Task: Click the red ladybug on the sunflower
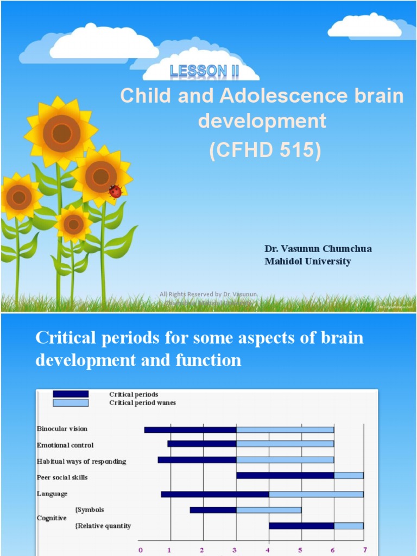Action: [x=115, y=191]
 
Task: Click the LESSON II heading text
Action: [x=205, y=70]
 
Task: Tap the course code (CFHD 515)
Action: [x=266, y=150]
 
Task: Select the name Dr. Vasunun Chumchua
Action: [x=318, y=249]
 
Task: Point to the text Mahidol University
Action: [x=307, y=261]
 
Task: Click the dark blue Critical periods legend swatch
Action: [x=71, y=394]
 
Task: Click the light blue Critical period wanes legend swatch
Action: [x=71, y=403]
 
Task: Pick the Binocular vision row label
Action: [x=62, y=429]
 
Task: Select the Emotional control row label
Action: [x=65, y=445]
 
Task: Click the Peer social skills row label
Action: [x=62, y=477]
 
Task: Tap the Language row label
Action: [x=52, y=494]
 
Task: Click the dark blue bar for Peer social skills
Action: [x=285, y=476]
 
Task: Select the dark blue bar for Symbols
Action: [x=213, y=510]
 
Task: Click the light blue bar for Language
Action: [x=316, y=494]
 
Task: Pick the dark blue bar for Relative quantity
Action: [x=301, y=526]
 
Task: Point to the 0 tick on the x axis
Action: [x=141, y=549]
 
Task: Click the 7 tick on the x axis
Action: [x=365, y=549]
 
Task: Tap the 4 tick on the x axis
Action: [x=268, y=549]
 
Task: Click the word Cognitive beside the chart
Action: [x=52, y=518]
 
